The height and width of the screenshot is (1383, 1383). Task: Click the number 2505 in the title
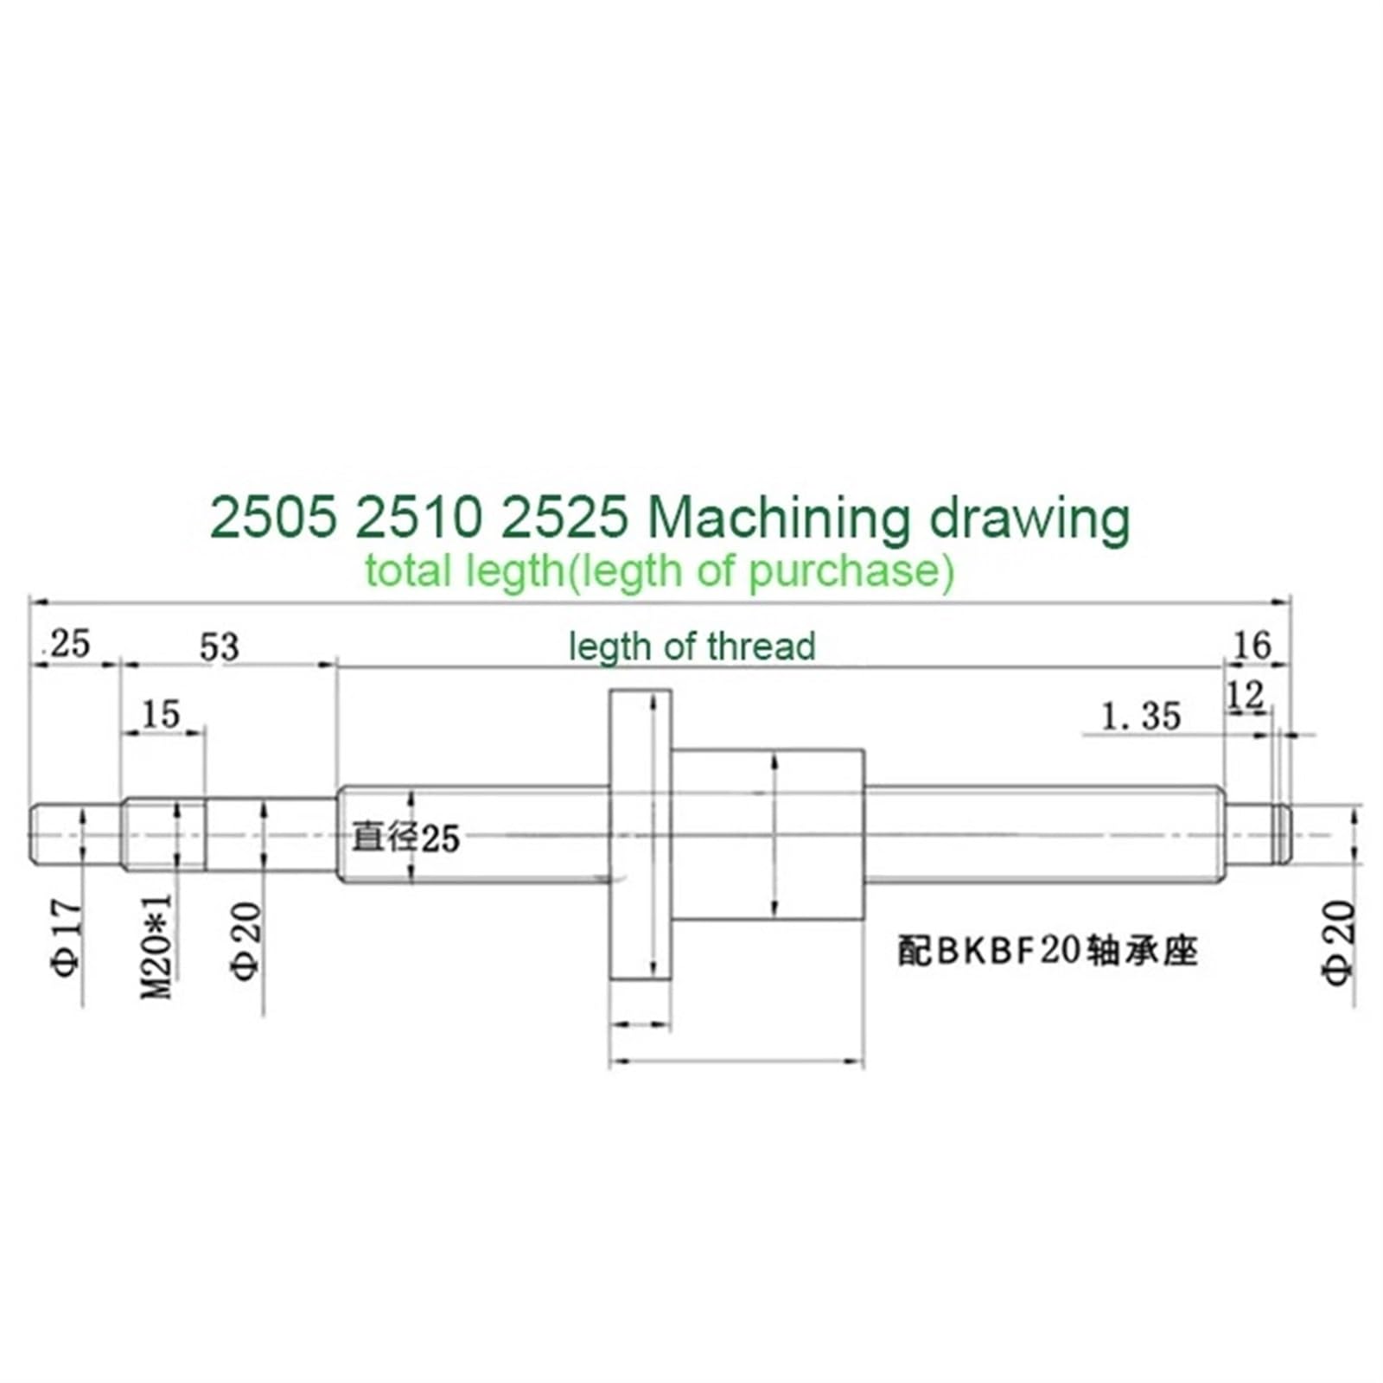[272, 519]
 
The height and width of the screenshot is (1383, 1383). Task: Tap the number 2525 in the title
[564, 519]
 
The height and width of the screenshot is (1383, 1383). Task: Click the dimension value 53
[219, 647]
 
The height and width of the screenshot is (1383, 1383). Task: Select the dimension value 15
[160, 715]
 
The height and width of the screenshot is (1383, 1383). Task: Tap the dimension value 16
[1252, 646]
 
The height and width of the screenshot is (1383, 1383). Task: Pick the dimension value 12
[1246, 695]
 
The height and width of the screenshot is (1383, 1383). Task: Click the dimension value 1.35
[1141, 717]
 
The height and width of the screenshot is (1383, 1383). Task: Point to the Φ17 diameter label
[68, 937]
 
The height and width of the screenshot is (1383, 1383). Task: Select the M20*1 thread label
[157, 946]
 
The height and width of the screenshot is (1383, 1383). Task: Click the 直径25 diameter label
[405, 838]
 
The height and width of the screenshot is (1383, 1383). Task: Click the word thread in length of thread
[761, 647]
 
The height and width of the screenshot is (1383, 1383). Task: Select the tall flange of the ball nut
[641, 834]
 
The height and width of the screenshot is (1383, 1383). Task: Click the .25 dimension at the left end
[69, 644]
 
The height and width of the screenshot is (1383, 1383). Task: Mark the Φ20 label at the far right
[1338, 941]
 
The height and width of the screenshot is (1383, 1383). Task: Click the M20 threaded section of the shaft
[164, 835]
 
